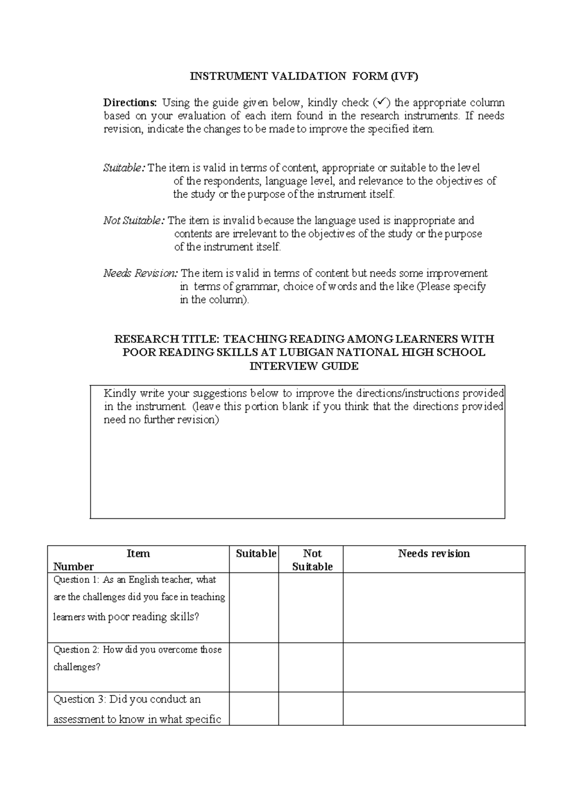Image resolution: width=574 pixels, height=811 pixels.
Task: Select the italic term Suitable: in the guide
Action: pyautogui.click(x=123, y=168)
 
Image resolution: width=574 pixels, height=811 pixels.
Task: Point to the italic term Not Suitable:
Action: pyautogui.click(x=134, y=220)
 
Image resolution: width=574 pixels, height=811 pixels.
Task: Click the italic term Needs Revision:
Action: pyautogui.click(x=141, y=273)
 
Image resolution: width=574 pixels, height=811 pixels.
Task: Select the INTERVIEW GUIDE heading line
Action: pyautogui.click(x=304, y=366)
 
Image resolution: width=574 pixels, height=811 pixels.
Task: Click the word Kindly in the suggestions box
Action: pyautogui.click(x=120, y=394)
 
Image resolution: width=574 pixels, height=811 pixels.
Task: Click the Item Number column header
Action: pyautogui.click(x=138, y=559)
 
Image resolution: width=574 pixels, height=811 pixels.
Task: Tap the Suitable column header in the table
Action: pyautogui.click(x=256, y=554)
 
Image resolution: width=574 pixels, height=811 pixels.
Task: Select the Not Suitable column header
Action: pyautogui.click(x=312, y=560)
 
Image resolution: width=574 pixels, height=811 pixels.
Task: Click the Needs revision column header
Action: pyautogui.click(x=434, y=554)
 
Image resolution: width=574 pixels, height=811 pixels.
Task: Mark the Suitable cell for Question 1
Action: pyautogui.click(x=254, y=607)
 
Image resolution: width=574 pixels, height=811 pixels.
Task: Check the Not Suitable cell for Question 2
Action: pyautogui.click(x=311, y=667)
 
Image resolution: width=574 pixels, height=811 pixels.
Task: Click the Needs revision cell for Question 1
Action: pyautogui.click(x=434, y=607)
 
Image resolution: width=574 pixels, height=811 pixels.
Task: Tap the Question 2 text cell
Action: pyautogui.click(x=138, y=658)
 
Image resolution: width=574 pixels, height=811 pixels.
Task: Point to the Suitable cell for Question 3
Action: pyautogui.click(x=254, y=708)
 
